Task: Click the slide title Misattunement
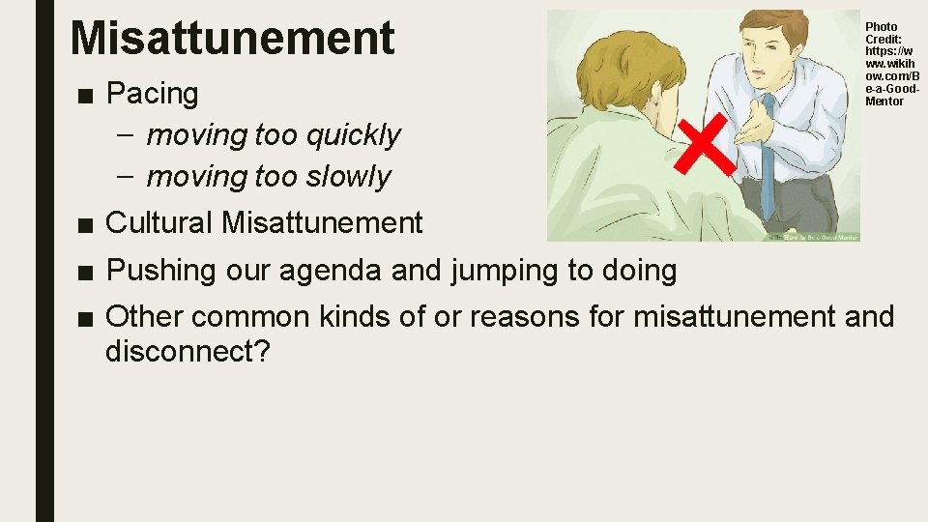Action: click(x=233, y=38)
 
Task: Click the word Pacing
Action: click(x=152, y=94)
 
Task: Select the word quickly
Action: click(x=353, y=135)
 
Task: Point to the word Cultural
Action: click(x=159, y=223)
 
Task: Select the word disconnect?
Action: click(x=188, y=352)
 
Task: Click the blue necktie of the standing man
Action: click(x=768, y=155)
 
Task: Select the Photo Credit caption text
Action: click(x=891, y=64)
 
